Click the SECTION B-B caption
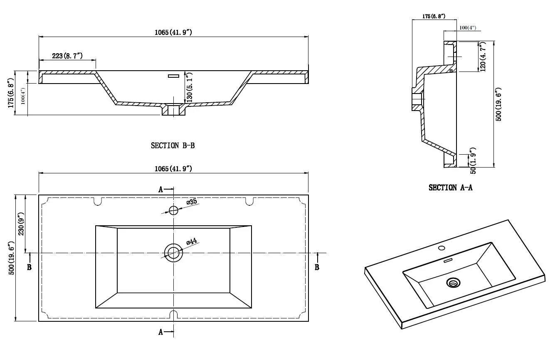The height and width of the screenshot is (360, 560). click(x=173, y=145)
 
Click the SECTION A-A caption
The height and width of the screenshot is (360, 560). click(x=450, y=187)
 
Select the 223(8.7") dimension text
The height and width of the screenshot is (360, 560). click(x=67, y=56)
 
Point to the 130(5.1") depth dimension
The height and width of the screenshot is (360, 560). click(x=190, y=88)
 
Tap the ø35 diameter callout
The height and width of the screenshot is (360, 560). click(x=191, y=202)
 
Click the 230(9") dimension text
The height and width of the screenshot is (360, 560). click(x=21, y=223)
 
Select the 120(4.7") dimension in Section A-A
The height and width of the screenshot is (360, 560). click(x=483, y=57)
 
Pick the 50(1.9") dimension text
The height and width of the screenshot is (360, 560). click(x=472, y=160)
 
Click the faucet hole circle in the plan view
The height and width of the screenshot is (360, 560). click(x=173, y=210)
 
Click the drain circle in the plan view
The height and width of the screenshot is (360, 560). click(x=173, y=252)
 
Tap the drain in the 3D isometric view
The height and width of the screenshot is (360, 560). click(x=453, y=283)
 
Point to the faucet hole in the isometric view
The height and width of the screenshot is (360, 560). click(x=442, y=248)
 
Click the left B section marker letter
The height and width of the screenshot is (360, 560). click(x=29, y=267)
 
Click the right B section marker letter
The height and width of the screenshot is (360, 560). click(x=317, y=267)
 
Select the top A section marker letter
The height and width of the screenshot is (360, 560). click(x=161, y=190)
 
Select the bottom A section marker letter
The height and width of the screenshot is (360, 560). click(x=161, y=332)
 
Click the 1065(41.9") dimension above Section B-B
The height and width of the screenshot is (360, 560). click(x=173, y=32)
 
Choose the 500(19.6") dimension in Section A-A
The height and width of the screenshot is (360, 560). click(x=498, y=104)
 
